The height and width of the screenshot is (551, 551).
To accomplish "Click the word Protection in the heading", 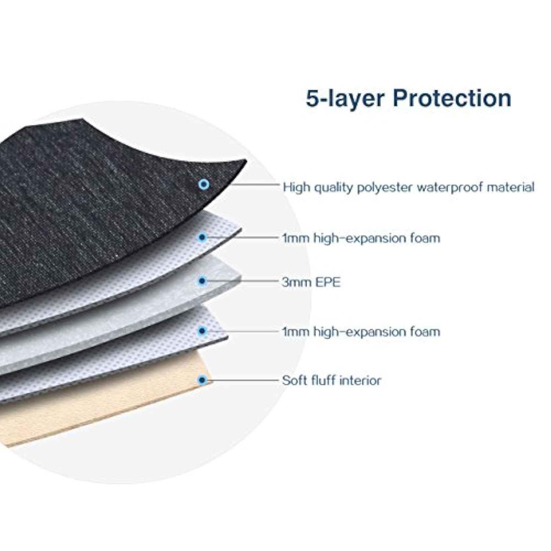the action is click(x=452, y=98).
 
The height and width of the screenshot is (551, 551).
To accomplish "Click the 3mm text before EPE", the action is click(x=296, y=282).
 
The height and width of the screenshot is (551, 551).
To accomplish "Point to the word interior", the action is click(x=360, y=380).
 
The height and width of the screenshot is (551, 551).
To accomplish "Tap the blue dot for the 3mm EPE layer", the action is click(x=202, y=281).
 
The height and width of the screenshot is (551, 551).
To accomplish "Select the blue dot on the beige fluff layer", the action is click(x=202, y=380).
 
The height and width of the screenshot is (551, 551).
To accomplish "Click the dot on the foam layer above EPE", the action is click(x=202, y=237).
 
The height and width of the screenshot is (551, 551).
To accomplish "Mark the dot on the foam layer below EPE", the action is click(x=202, y=331).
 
